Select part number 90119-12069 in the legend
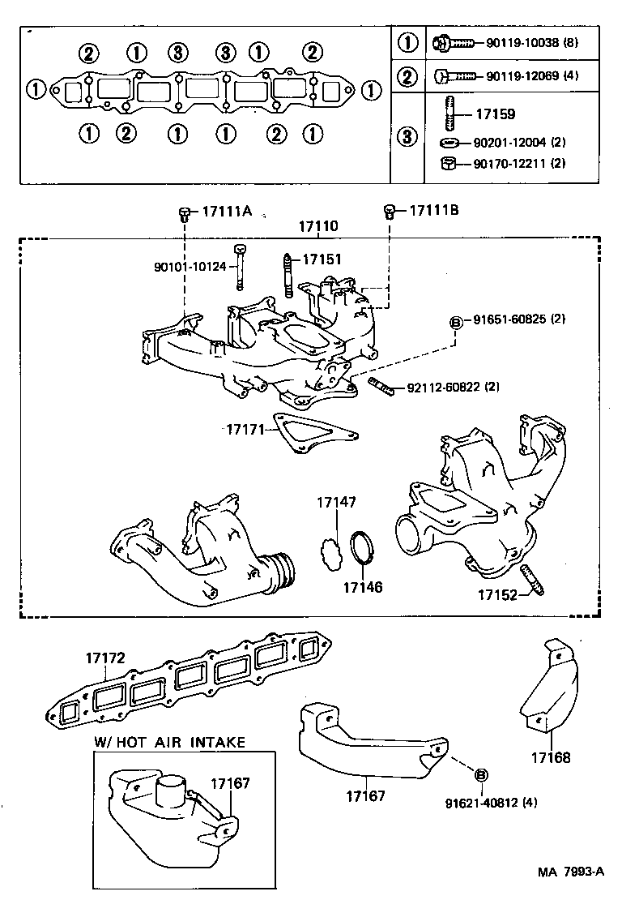coord(518,77)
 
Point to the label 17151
coord(322,259)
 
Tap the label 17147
coord(336,504)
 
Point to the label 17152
coord(496,595)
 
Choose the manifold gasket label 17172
coord(106,659)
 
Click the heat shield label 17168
coord(551,758)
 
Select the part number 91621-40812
coord(480,803)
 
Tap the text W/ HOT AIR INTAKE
coord(169,742)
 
